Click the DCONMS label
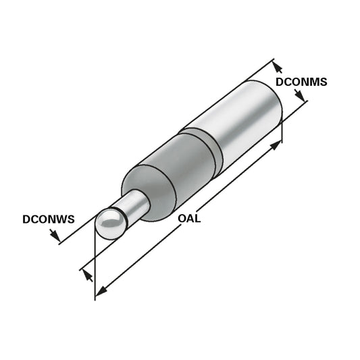pos(301,82)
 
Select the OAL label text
pos(189,218)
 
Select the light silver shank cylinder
pos(243,118)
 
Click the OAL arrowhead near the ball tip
pos(100,291)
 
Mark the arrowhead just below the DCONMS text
pos(299,97)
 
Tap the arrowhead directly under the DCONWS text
pos(55,236)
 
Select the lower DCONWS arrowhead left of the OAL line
pos(86,274)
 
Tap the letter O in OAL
pos(182,218)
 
